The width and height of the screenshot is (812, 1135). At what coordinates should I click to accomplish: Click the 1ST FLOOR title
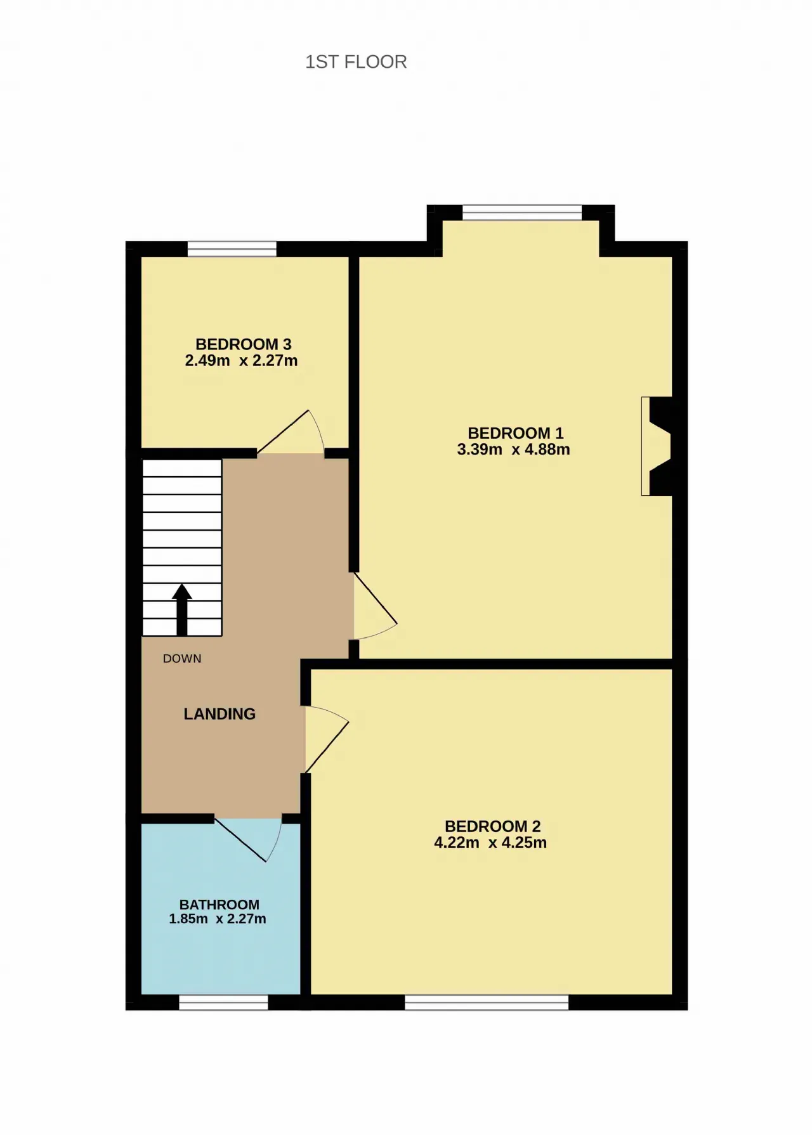coord(356,62)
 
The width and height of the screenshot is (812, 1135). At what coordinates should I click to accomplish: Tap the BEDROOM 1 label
coord(515,433)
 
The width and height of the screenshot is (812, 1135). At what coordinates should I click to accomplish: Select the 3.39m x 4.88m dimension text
coord(513,450)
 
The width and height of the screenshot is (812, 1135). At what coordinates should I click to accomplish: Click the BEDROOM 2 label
coord(492,826)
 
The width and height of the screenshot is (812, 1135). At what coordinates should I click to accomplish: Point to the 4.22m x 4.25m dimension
coord(490,843)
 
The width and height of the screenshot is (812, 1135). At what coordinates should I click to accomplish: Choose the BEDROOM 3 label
coord(243,344)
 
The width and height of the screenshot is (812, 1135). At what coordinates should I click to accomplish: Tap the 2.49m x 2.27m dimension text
coord(241,361)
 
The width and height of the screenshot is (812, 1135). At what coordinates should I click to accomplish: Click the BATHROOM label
coord(219,905)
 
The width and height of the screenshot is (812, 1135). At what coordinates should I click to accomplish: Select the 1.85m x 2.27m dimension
coord(217,919)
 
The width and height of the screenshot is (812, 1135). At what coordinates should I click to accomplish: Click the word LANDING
coord(219,714)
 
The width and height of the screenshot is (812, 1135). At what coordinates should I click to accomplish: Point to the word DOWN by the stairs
coord(182,659)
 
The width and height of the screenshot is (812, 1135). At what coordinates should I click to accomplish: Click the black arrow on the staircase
coord(182,610)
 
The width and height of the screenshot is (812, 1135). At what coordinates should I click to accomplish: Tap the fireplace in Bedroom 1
coord(657,446)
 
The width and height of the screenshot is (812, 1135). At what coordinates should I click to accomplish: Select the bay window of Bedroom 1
coord(522,212)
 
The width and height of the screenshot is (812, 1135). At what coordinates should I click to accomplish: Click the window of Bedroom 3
coord(232,249)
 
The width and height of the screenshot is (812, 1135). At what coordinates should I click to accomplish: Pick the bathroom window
coord(223,1002)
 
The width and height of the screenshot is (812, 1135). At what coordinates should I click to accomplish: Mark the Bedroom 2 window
coord(487,1002)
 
